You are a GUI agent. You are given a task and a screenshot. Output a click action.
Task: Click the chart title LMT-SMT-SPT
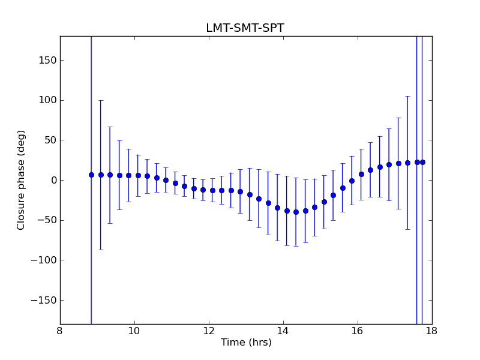coord(245,28)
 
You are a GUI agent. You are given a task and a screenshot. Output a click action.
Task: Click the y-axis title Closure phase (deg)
coord(22,180)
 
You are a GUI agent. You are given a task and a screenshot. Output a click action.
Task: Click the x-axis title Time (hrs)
coord(246,343)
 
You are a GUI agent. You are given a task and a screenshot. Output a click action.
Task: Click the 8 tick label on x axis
coord(60,331)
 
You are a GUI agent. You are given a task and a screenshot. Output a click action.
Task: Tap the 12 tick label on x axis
coord(209,331)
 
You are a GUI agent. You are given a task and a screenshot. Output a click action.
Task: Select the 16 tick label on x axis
coord(358,331)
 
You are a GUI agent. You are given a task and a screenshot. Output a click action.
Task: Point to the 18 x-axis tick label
coord(432,331)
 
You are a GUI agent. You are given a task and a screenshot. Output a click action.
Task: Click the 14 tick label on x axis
coord(283,331)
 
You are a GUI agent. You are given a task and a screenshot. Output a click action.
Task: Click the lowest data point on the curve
coord(296,212)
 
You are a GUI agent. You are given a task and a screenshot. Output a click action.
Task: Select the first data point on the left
coord(91,175)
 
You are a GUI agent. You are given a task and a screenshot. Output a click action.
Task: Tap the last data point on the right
coord(422,162)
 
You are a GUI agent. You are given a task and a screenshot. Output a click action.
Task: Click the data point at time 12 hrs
coord(212,190)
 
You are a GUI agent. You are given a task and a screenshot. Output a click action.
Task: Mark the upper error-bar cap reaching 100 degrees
coord(101,100)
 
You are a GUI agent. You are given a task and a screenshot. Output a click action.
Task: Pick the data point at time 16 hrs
coord(361,174)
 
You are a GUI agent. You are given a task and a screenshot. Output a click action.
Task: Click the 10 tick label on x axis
coord(134,331)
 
